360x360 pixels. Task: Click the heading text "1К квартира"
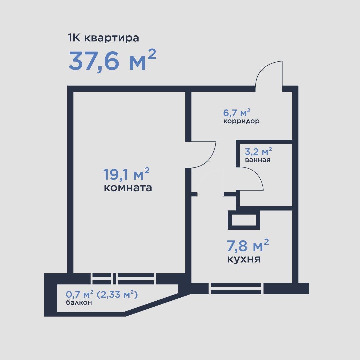pos(104,38)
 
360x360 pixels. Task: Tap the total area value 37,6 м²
pos(112,60)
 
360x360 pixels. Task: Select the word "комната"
pos(128,188)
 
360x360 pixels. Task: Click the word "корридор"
pos(241,121)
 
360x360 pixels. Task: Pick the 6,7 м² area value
pos(237,113)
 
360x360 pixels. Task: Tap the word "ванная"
pos(258,160)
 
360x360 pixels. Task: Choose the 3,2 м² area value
pos(258,151)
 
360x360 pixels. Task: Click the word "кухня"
pos(244,259)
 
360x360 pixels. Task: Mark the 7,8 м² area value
pos(248,245)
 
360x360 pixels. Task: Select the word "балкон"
pos(79,303)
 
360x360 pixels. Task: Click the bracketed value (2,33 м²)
pos(117,294)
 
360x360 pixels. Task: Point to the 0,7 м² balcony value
pos(79,294)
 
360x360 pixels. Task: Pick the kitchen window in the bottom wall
pos(236,288)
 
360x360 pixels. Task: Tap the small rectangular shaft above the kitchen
pos(244,220)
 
